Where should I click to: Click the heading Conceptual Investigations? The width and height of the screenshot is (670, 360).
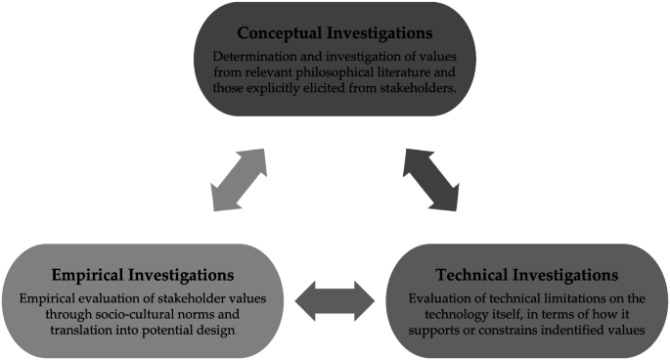(334, 31)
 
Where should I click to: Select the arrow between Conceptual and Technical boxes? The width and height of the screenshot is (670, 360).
(431, 179)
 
